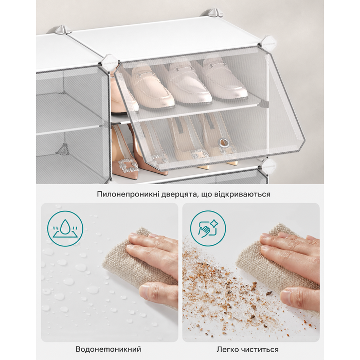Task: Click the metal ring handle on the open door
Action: [x=225, y=142]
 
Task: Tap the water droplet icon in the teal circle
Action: [x=65, y=229]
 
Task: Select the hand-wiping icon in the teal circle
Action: [x=208, y=229]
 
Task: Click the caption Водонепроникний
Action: [x=109, y=349]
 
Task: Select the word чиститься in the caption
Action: [x=260, y=349]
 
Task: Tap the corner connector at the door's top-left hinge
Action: [x=110, y=61]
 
